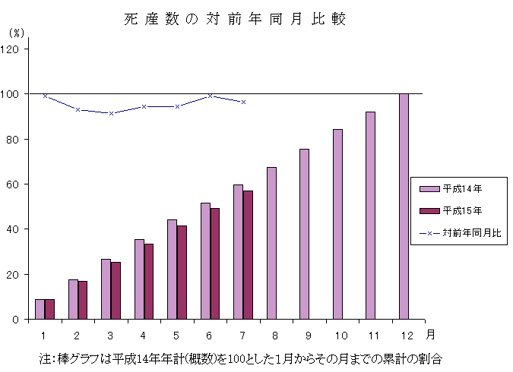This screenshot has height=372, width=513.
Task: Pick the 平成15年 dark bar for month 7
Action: [248, 255]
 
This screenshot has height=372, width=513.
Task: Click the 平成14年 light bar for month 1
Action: [40, 309]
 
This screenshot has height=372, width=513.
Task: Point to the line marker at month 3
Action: [111, 113]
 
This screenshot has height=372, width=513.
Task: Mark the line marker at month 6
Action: [211, 96]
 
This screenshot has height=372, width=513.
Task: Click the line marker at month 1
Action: [45, 96]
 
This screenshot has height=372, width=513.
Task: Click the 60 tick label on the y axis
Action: [17, 184]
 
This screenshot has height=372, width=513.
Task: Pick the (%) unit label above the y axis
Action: [17, 33]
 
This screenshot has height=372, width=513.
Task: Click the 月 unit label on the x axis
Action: [431, 333]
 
